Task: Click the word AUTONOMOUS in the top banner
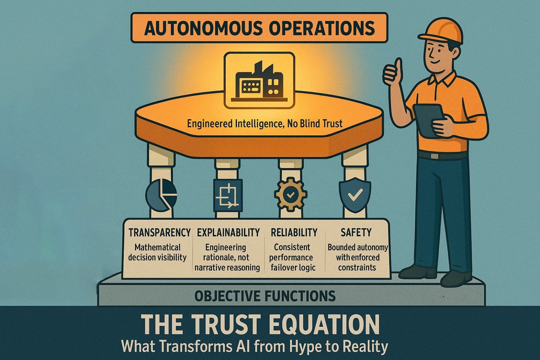[203, 28]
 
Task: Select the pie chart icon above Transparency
[161, 194]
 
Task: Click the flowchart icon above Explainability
[228, 196]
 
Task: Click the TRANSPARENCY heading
[160, 233]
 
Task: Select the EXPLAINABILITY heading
[228, 233]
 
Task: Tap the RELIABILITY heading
[294, 233]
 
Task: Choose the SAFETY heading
[356, 233]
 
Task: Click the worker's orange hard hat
[441, 31]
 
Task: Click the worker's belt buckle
[435, 156]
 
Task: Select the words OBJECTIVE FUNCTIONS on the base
[265, 296]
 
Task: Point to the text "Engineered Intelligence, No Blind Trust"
[265, 124]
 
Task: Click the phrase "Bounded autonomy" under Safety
[358, 247]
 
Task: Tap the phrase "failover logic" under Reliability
[293, 268]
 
